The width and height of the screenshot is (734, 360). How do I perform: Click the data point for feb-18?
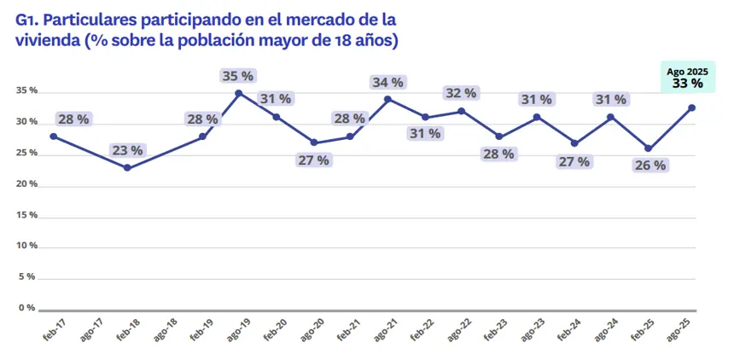127,168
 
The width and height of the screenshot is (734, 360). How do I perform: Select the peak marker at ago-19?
238,93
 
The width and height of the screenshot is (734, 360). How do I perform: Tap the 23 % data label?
127,150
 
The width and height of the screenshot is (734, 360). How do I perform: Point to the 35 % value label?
238,76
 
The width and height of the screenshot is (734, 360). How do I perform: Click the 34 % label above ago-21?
387,82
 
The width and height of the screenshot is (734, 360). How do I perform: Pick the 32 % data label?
462,93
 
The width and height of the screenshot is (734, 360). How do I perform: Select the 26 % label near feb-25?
649,165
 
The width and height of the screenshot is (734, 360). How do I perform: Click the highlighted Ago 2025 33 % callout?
687,78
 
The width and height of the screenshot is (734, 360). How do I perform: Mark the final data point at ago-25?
691,107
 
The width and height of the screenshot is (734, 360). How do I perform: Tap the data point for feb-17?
53,136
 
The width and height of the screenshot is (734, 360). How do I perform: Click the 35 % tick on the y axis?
26,91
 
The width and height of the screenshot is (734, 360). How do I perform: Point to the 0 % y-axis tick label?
28,307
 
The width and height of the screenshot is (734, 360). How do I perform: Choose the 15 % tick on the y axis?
26,215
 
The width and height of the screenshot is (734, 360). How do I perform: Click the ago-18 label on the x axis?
166,331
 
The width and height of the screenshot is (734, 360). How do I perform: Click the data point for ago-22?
462,111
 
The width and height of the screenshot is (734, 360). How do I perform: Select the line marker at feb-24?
574,143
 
